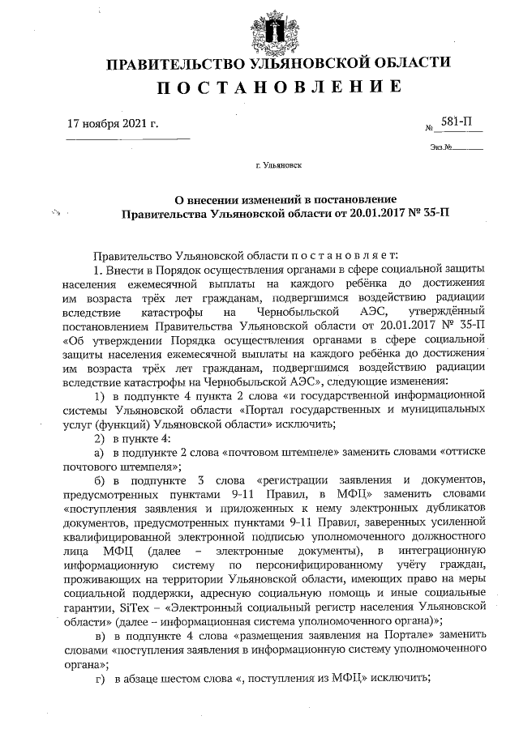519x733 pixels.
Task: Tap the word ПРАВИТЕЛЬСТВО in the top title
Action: [x=162, y=64]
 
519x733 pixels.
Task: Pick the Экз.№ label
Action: [x=441, y=148]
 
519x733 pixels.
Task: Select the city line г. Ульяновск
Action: [x=278, y=166]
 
